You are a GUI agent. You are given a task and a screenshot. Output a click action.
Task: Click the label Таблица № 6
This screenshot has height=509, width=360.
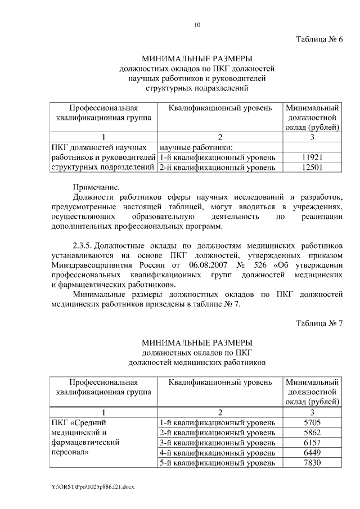pyautogui.click(x=319, y=39)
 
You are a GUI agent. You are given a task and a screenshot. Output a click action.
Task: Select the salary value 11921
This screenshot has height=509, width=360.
pyautogui.click(x=312, y=157)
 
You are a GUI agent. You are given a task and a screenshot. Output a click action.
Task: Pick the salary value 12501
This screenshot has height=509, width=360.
pyautogui.click(x=312, y=167)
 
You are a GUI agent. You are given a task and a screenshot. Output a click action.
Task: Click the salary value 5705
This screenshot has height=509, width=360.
pyautogui.click(x=312, y=422)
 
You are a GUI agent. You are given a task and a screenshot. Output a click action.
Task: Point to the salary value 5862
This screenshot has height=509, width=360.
pyautogui.click(x=312, y=433)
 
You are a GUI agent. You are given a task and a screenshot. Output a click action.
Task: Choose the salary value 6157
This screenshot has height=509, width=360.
pyautogui.click(x=312, y=443)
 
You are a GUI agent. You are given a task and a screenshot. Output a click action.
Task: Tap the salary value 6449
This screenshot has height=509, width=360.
pyautogui.click(x=312, y=453)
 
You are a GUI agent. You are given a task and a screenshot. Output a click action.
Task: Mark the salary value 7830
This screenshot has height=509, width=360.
pyautogui.click(x=312, y=463)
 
